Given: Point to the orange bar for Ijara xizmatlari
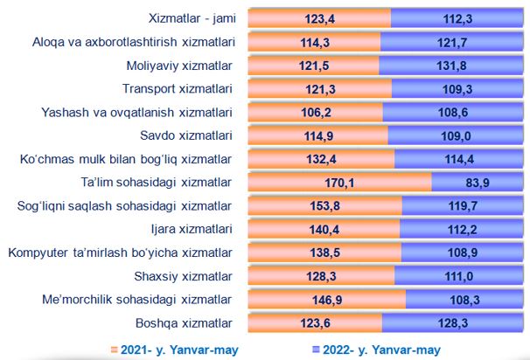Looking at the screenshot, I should click(324, 230).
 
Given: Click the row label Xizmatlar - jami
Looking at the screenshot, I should click(191, 17).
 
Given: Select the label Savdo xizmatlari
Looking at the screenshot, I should click(185, 135).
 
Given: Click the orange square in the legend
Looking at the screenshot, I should click(115, 350).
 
